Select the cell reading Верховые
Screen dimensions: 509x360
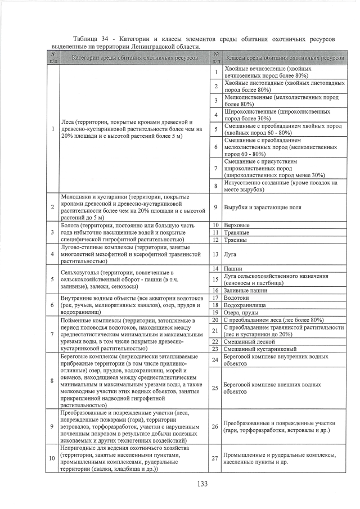[236, 225]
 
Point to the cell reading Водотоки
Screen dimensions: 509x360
[236, 297]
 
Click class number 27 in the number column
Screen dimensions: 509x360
[215, 458]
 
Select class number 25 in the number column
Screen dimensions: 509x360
[215, 388]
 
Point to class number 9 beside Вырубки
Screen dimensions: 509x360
[215, 208]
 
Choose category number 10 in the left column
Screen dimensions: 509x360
[52, 458]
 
